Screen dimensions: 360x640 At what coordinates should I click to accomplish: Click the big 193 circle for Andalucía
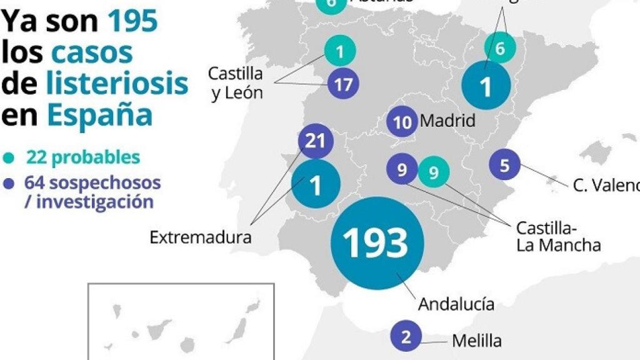pos(377,242)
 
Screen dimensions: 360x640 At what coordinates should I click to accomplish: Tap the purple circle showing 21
pos(316,141)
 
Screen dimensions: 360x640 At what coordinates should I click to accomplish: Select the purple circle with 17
pos(343,84)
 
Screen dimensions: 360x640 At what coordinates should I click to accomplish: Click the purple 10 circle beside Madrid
pos(402,122)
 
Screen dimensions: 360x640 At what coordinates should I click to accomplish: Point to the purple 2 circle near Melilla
pos(406,337)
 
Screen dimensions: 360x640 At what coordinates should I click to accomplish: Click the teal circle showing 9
pos(434,171)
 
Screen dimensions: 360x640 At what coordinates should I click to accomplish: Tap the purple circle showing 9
pos(402,169)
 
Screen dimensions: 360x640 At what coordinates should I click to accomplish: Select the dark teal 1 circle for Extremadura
pos(316,184)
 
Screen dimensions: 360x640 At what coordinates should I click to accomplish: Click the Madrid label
pos(447,120)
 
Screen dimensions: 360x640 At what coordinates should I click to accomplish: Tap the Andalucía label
pos(456,304)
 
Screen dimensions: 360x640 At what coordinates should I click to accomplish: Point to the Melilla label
pos(476,341)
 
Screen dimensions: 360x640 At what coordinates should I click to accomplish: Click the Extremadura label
pos(200,237)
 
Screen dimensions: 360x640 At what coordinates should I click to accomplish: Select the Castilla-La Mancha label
pos(557,236)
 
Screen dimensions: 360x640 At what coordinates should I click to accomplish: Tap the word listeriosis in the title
pos(117,83)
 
